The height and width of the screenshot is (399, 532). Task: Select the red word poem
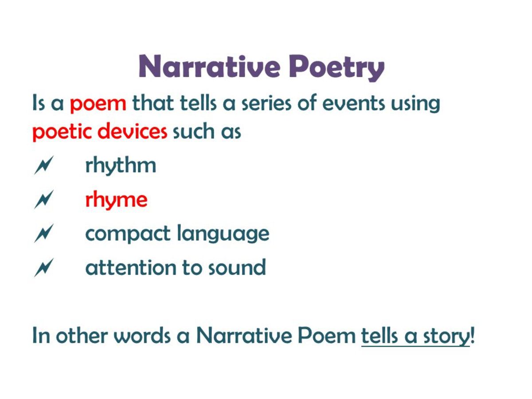coord(98,104)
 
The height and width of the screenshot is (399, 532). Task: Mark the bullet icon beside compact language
coord(43,234)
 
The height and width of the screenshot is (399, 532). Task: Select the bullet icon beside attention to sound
coord(43,267)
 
